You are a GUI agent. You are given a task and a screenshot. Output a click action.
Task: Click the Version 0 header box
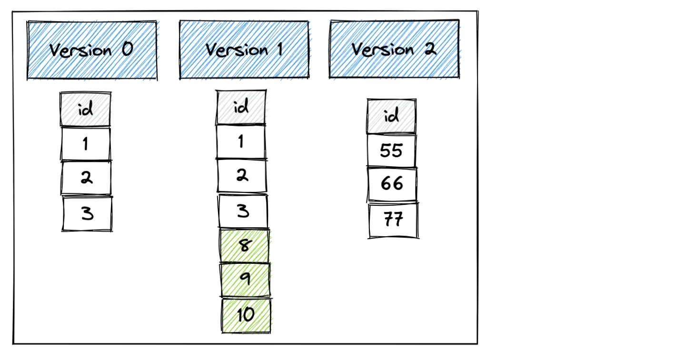(x=92, y=50)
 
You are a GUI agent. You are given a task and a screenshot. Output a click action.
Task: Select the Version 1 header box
(x=244, y=50)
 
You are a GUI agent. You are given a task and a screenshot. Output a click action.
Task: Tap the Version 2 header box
(x=394, y=49)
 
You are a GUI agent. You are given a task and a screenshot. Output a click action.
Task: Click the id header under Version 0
(x=86, y=110)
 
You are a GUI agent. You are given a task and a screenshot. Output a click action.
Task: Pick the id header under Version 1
(x=241, y=108)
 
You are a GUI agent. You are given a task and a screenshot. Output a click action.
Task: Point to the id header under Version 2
(x=391, y=116)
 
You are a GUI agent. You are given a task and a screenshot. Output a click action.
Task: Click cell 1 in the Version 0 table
(x=86, y=144)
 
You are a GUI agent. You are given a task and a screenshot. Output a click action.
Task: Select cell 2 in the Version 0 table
(x=86, y=178)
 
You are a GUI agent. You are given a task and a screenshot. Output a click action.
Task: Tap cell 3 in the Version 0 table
(x=87, y=213)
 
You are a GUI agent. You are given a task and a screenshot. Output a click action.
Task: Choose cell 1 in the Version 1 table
(x=241, y=141)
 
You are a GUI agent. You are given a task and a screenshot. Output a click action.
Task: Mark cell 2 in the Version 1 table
(x=242, y=176)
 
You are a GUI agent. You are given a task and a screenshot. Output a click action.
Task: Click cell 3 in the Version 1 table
(x=243, y=211)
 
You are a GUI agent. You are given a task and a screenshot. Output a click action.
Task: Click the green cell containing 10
(x=246, y=315)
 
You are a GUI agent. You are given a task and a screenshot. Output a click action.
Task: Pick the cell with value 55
(x=392, y=151)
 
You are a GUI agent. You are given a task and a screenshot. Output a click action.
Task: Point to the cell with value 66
(x=392, y=184)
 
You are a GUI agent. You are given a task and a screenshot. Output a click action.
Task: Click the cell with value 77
(x=393, y=220)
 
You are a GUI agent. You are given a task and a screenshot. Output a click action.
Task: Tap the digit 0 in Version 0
(x=128, y=49)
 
